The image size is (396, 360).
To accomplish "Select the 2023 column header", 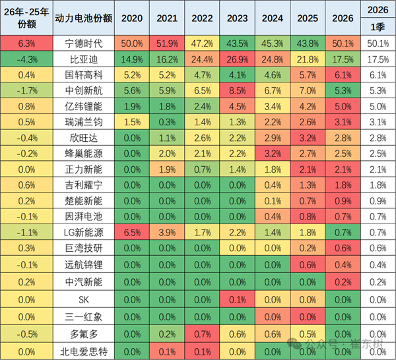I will pyautogui.click(x=240, y=18).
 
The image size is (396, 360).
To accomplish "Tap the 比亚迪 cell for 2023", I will pyautogui.click(x=240, y=59).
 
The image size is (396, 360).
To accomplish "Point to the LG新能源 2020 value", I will pyautogui.click(x=131, y=233).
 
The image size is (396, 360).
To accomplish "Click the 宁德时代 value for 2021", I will pyautogui.click(x=167, y=44).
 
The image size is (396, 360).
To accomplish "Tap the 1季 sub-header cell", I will pyautogui.click(x=377, y=27).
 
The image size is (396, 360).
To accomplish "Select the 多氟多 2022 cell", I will pyautogui.click(x=203, y=328).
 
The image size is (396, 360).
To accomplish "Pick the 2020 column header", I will pyautogui.click(x=131, y=18).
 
